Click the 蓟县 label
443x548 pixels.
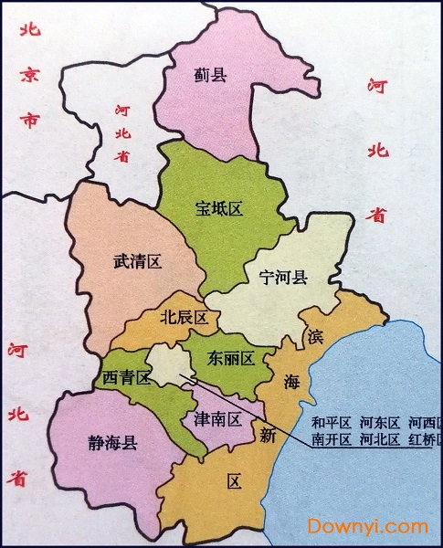pos(210,75)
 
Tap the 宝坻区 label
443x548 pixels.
pos(219,208)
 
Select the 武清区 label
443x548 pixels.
pos(137,262)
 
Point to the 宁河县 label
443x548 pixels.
pos(283,278)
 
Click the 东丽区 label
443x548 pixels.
pos(229,357)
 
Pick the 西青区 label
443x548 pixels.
pos(126,376)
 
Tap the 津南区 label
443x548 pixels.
pos(217,419)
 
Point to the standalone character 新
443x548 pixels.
pos(267,436)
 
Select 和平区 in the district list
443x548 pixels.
pos(331,422)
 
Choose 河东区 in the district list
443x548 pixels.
pos(379,422)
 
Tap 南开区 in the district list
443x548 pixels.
pos(331,439)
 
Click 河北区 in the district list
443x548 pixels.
pos(379,439)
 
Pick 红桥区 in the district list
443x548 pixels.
pos(426,439)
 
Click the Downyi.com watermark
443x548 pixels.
pos(367,526)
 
